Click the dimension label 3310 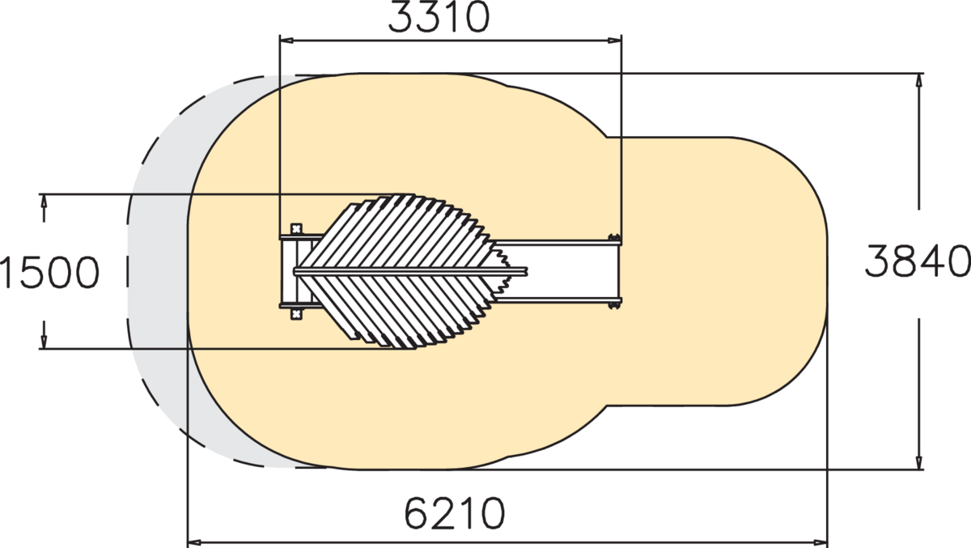click(439, 17)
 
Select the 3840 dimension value click(918, 261)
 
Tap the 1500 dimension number click(49, 273)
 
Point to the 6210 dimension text click(454, 513)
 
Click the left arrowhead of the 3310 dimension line click(286, 40)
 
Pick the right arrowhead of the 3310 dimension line click(615, 40)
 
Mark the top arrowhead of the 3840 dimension click(919, 81)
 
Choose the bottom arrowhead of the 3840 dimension click(919, 461)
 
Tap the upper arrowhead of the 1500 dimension click(44, 202)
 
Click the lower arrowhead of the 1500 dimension click(44, 342)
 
